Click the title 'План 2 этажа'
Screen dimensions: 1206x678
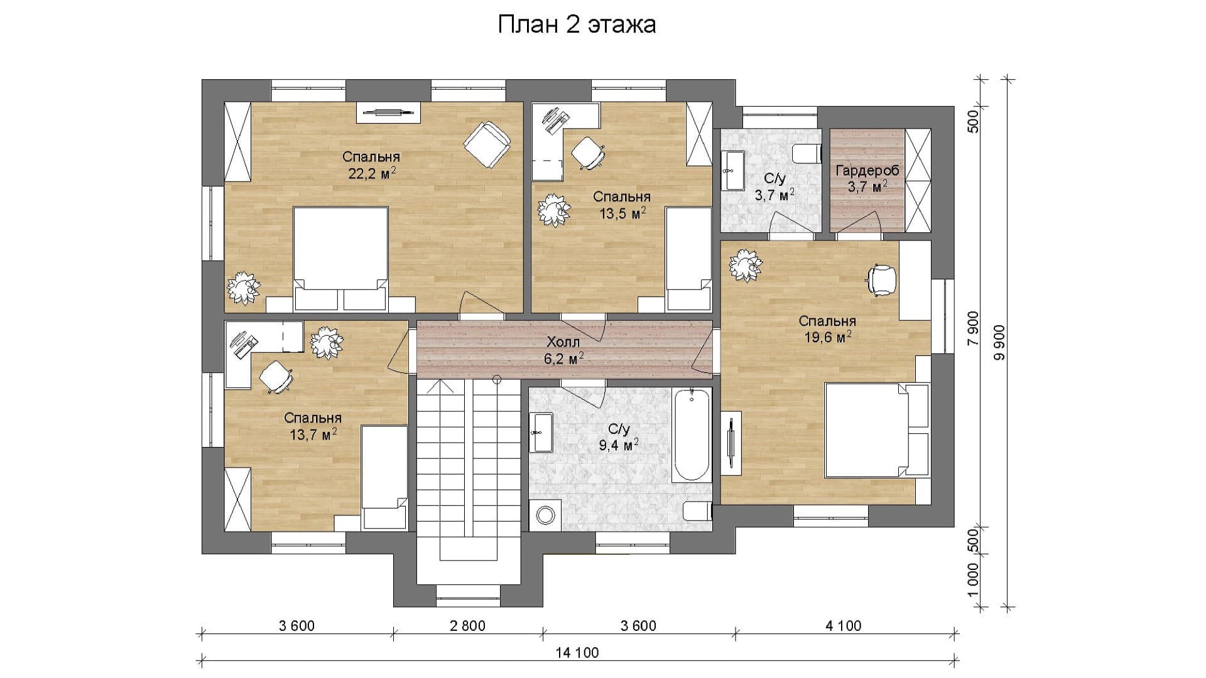click(577, 24)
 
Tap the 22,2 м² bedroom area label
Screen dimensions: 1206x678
click(372, 173)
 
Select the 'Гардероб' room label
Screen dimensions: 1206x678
click(867, 170)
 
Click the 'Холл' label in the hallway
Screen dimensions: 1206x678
click(563, 342)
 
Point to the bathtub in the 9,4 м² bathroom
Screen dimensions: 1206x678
click(692, 434)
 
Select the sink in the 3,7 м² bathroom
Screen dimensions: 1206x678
click(732, 170)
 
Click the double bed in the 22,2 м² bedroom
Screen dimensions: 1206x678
click(340, 259)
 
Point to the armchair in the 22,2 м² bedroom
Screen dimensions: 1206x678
click(486, 144)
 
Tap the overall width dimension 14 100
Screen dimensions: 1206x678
click(577, 652)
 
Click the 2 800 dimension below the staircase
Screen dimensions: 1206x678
click(468, 626)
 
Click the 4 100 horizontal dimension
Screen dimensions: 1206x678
click(844, 626)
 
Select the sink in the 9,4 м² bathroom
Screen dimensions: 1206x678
click(541, 433)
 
